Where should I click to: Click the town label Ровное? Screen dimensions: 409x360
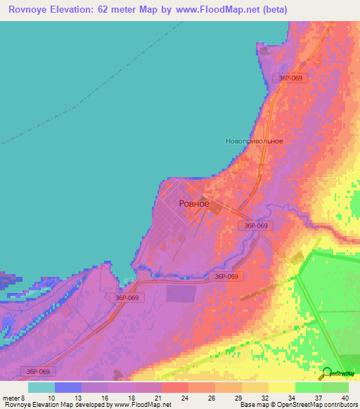194,203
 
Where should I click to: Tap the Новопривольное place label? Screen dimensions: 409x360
255,141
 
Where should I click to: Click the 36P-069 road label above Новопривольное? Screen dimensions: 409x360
290,78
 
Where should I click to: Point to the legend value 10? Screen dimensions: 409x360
51,398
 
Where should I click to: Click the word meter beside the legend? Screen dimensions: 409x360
11,398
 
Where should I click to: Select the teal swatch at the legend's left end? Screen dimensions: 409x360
41,387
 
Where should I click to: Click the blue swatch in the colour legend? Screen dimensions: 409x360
67,387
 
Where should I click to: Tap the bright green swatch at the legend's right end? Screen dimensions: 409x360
335,387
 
